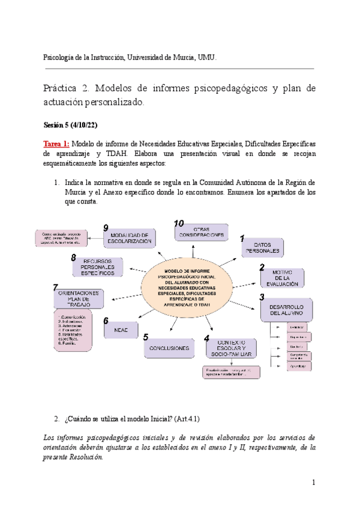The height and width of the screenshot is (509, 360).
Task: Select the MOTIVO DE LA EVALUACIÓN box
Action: click(x=282, y=278)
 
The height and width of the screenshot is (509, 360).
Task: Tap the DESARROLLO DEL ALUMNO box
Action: click(x=286, y=310)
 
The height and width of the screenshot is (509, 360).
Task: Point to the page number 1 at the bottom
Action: click(x=314, y=482)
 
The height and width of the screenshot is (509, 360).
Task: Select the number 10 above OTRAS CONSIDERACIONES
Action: click(x=179, y=223)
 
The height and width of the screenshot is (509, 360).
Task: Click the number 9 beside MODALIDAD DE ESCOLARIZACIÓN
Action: click(x=106, y=228)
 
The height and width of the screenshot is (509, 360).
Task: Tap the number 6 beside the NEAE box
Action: click(x=105, y=321)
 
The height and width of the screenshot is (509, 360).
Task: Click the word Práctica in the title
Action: click(x=63, y=88)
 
